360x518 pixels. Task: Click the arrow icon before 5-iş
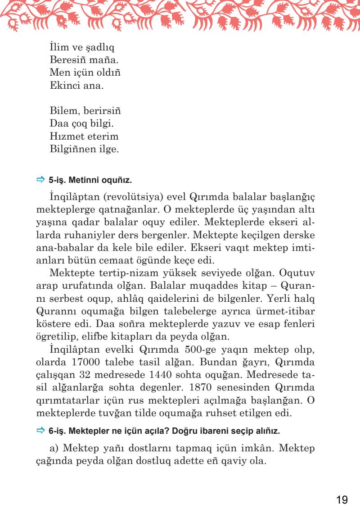pyautogui.click(x=39, y=180)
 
